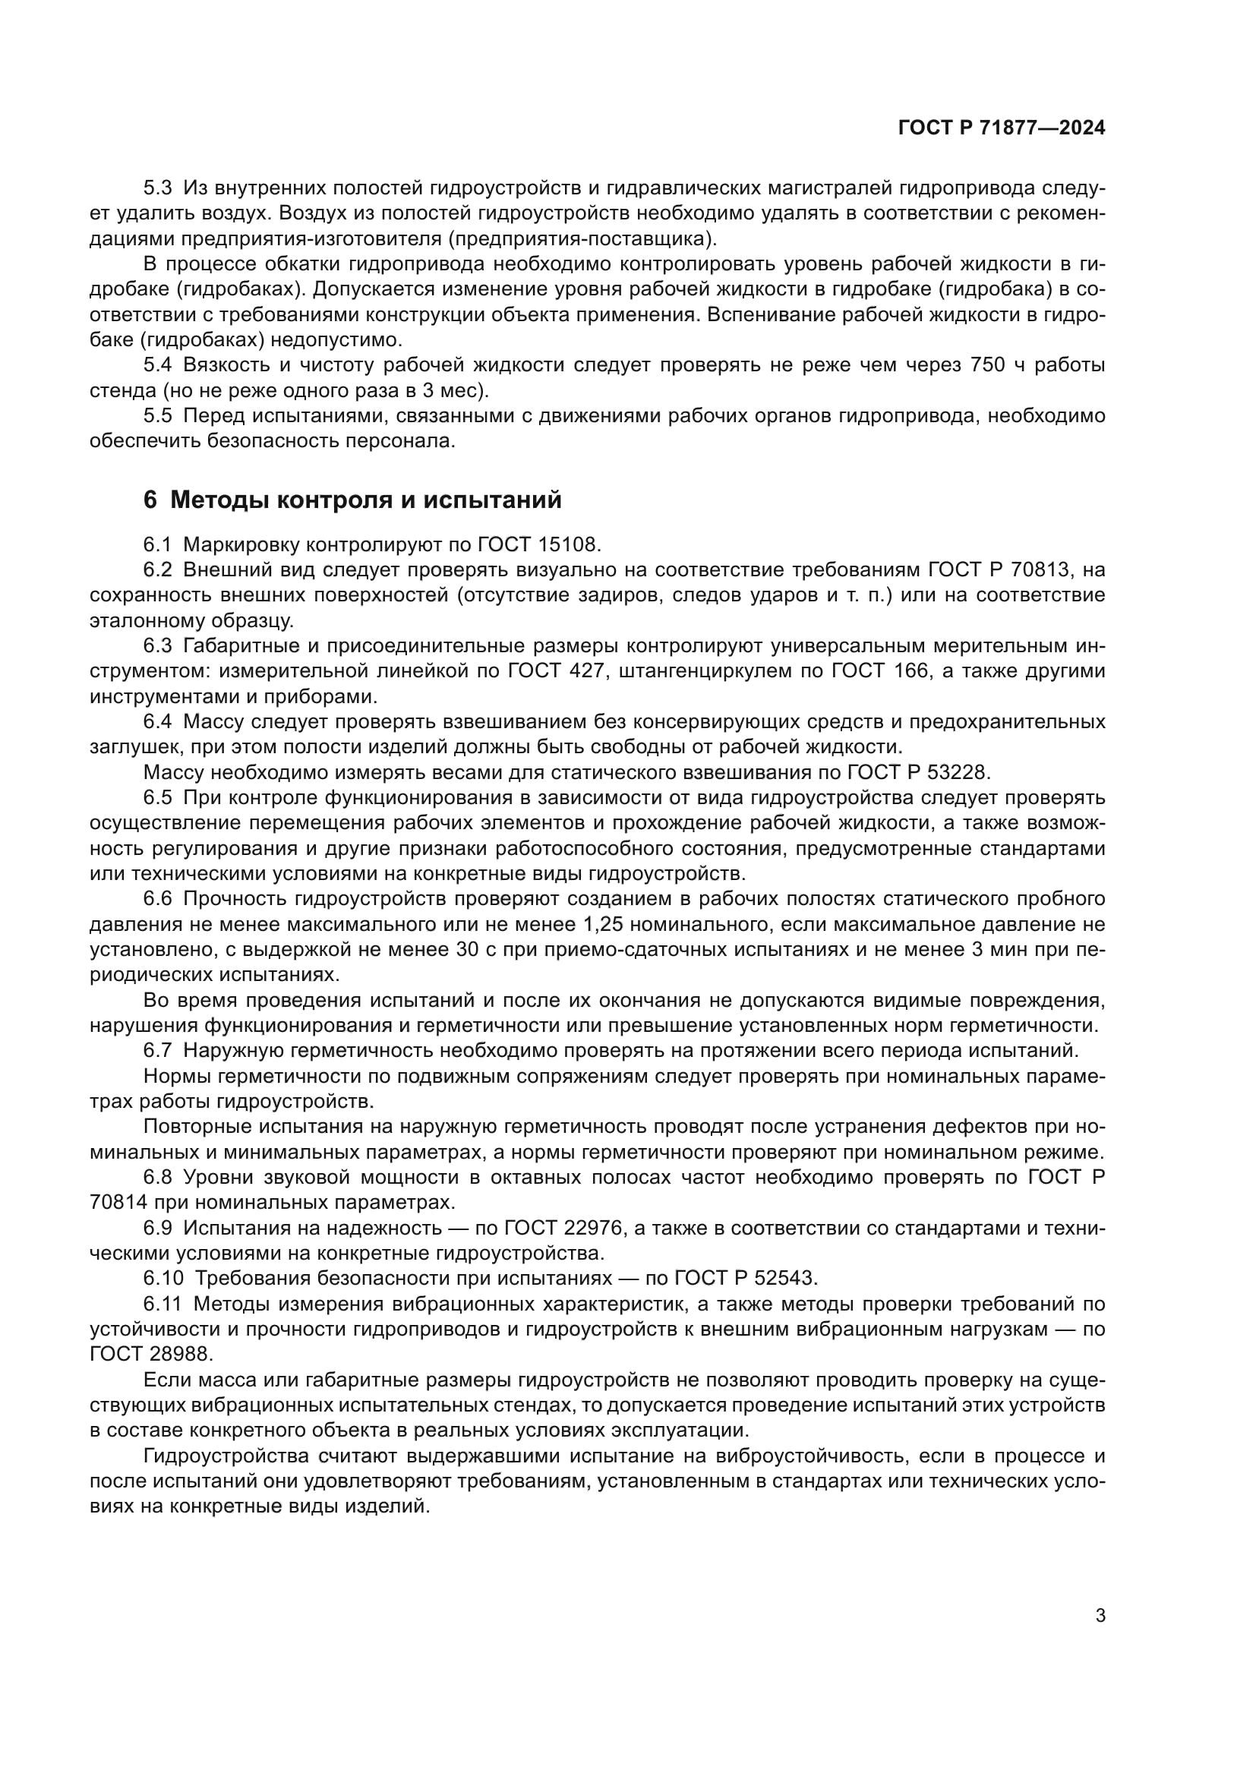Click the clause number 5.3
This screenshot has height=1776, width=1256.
click(x=159, y=188)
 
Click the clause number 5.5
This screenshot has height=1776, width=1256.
click(x=159, y=416)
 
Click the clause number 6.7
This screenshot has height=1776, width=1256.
click(x=159, y=1050)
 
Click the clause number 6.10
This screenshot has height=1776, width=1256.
click(x=163, y=1278)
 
